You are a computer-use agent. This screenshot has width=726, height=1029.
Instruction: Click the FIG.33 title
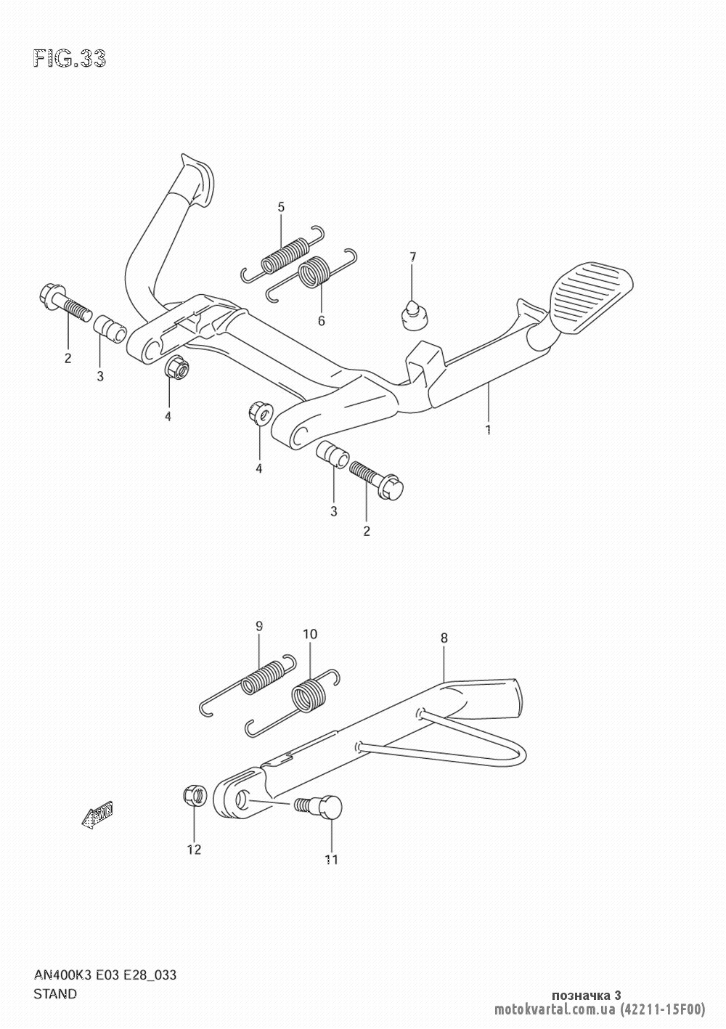coord(70,59)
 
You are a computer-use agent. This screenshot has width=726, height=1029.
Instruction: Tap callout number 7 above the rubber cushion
coord(412,257)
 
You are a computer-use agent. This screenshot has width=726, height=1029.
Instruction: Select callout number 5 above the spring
coord(281,207)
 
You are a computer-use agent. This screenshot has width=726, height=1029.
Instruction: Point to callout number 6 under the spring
coord(321,321)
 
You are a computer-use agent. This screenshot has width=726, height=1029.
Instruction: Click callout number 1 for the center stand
coord(489,429)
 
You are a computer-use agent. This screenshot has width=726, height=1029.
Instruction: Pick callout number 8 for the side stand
coord(444,638)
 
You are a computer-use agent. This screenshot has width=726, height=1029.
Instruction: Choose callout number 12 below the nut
coord(195,850)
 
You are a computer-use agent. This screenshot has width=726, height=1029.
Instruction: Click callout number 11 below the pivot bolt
coord(332,859)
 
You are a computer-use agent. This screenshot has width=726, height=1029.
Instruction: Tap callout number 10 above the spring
coord(310,635)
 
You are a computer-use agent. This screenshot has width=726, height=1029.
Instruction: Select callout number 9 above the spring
coord(258,626)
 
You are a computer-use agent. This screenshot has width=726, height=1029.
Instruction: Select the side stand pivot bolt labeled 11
coord(320,807)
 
